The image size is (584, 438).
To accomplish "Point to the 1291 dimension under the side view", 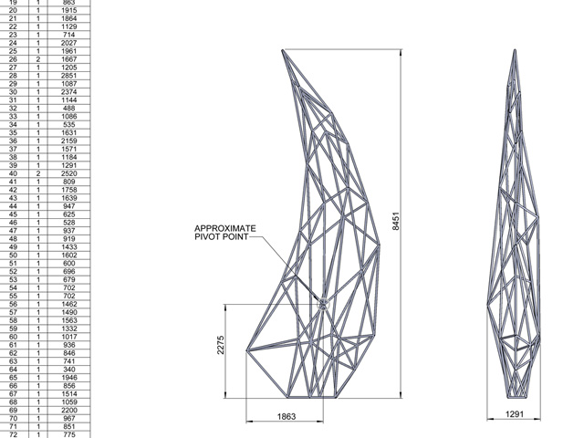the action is (516, 415).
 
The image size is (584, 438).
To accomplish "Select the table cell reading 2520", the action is (69, 173).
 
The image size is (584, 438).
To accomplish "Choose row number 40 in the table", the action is (14, 173).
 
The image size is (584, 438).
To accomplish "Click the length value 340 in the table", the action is (69, 369).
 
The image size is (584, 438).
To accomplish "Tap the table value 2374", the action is (69, 92).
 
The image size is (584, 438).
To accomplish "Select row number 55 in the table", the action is (14, 296).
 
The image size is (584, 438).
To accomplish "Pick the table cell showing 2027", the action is (69, 43).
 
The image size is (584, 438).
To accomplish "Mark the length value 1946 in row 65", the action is (69, 377).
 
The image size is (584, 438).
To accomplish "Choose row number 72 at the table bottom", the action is (14, 433).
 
